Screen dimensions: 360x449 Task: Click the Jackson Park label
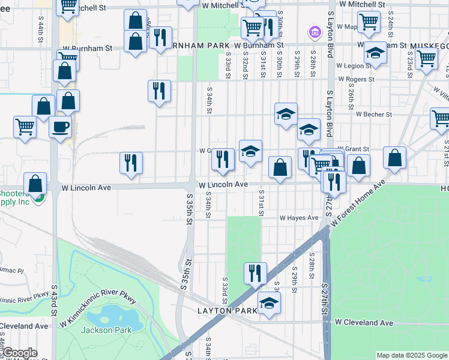point(98,330)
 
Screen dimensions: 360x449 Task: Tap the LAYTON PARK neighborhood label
point(227,310)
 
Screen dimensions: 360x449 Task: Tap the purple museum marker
point(313,31)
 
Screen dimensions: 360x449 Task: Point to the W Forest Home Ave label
point(357,203)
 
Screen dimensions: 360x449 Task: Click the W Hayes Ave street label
point(299,218)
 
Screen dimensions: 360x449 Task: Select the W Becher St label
point(373,113)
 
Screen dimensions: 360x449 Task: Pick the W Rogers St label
point(356,79)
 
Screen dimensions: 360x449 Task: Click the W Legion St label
point(354,65)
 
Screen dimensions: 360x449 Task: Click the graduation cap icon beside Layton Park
point(269,303)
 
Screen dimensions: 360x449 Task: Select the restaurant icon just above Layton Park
point(255,273)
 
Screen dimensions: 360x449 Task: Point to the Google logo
point(19,353)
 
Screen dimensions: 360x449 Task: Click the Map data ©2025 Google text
point(411,355)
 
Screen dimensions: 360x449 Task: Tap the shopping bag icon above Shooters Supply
point(36,184)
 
